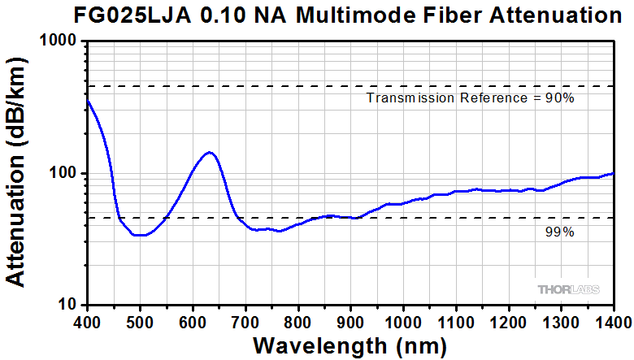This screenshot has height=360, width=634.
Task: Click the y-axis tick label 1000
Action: pyautogui.click(x=59, y=41)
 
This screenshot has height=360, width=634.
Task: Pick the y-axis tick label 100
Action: pyautogui.click(x=63, y=174)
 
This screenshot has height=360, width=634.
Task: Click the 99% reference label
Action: pyautogui.click(x=559, y=232)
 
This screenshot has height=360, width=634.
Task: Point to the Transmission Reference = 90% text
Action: pyautogui.click(x=471, y=98)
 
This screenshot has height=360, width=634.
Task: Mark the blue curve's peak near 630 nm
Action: pyautogui.click(x=210, y=152)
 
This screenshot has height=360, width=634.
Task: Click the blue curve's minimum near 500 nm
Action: pyautogui.click(x=141, y=235)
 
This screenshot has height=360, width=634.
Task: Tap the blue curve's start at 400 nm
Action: pyautogui.click(x=88, y=100)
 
